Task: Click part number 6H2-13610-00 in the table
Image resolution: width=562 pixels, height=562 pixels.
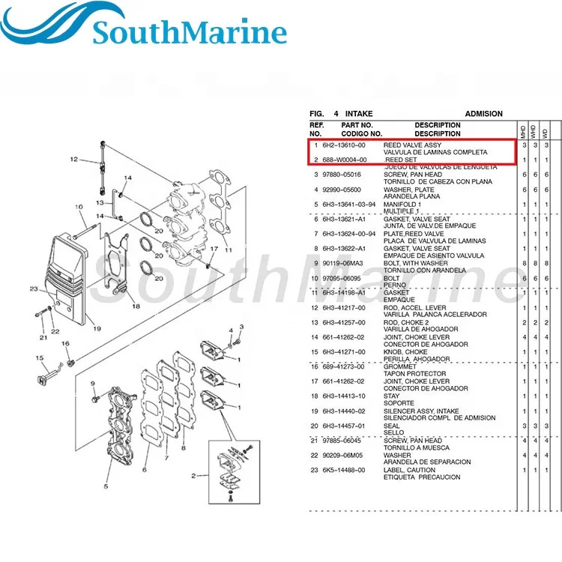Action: point(344,145)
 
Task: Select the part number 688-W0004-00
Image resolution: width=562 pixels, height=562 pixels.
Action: point(344,160)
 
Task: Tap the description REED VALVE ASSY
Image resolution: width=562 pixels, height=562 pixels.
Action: point(413,145)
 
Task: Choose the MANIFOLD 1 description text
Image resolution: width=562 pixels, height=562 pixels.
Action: point(403,204)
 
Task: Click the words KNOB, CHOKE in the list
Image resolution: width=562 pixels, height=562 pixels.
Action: point(405,351)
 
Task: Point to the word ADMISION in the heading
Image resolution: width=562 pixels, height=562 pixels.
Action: point(483,114)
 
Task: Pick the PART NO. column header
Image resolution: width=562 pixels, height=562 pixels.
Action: point(357,125)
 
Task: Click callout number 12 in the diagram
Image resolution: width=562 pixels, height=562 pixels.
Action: point(74,159)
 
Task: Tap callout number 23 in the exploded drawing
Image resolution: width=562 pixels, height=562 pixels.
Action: point(34,288)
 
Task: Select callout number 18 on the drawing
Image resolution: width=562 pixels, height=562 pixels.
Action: point(135,306)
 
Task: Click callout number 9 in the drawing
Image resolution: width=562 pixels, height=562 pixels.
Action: point(93,384)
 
